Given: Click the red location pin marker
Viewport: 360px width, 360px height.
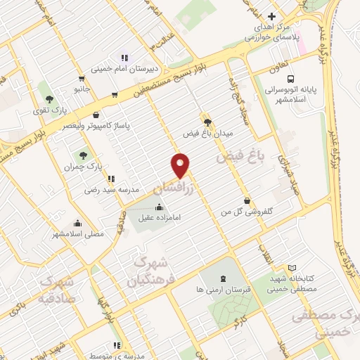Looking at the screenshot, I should [181, 165].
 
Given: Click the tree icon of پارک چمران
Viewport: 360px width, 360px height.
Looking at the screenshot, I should [84, 154].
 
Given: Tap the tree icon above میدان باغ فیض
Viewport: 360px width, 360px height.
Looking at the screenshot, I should [207, 120].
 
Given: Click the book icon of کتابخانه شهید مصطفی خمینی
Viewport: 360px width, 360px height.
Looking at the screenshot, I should [292, 267].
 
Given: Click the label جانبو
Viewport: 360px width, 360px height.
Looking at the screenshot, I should [83, 89].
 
